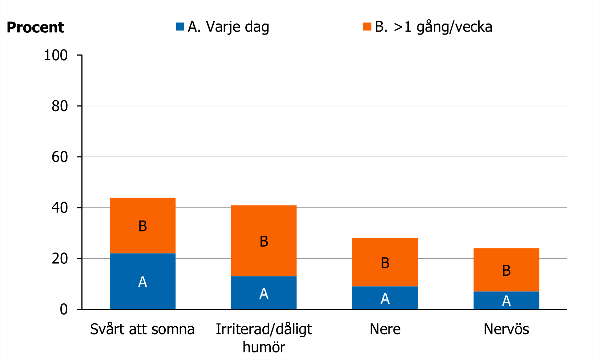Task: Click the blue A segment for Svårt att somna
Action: [x=142, y=282]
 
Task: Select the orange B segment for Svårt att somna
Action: [x=142, y=226]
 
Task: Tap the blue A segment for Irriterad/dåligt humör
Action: [x=264, y=293]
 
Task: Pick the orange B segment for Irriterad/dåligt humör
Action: [x=264, y=241]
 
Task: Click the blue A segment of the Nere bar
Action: [x=385, y=298]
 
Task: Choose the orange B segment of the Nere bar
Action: [x=385, y=262]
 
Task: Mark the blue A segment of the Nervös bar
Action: [x=506, y=300]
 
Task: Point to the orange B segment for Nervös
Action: [x=506, y=270]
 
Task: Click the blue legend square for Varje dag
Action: [x=180, y=27]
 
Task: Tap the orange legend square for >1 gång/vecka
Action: [x=367, y=27]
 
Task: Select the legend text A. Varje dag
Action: [x=228, y=27]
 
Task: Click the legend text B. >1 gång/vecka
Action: [x=434, y=27]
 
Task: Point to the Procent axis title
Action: [x=35, y=28]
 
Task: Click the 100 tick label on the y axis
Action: [x=56, y=55]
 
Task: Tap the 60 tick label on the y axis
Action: [x=60, y=157]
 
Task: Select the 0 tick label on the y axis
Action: [x=64, y=309]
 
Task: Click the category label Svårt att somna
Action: [x=142, y=329]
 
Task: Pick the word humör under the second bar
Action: [x=264, y=347]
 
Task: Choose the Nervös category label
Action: [x=506, y=329]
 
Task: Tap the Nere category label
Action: [x=385, y=329]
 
